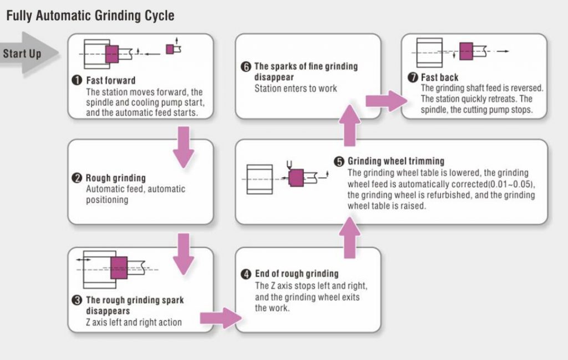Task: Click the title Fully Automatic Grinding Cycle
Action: [x=90, y=16]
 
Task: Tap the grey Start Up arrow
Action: [x=29, y=54]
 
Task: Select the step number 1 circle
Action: [x=77, y=80]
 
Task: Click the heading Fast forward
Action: [x=110, y=80]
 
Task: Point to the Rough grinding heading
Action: [x=115, y=178]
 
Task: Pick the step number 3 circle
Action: [x=77, y=300]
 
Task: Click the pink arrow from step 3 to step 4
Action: [x=221, y=318]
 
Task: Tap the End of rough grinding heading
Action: [x=297, y=274]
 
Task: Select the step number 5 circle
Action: [x=339, y=161]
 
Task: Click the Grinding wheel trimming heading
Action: [x=396, y=161]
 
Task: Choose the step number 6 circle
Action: [x=246, y=67]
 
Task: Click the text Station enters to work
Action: [x=296, y=88]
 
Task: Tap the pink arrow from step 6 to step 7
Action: [x=386, y=101]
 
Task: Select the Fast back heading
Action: [x=439, y=78]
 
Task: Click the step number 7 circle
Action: [x=413, y=78]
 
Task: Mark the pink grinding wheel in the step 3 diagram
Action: [x=119, y=268]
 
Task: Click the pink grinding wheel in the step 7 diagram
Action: [x=466, y=52]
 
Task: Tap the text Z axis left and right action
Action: [x=134, y=322]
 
